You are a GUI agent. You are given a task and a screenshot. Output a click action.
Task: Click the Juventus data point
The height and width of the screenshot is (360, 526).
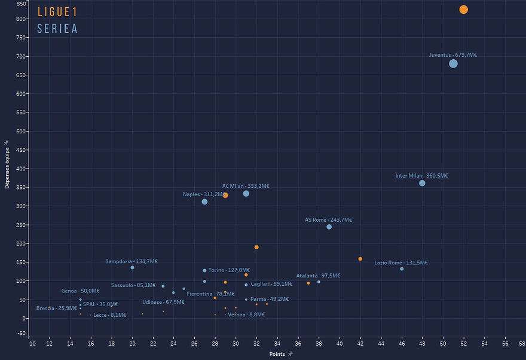(453, 63)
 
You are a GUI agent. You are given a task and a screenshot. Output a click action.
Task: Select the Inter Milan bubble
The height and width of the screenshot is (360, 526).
(422, 183)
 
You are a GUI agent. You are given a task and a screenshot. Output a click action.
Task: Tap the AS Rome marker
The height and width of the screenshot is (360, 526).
(329, 227)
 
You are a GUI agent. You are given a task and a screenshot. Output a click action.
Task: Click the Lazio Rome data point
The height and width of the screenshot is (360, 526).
(402, 269)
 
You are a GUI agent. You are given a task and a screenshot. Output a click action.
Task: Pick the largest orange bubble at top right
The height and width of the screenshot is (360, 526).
(464, 10)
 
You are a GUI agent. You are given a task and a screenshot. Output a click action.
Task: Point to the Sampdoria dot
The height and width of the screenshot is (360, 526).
(132, 267)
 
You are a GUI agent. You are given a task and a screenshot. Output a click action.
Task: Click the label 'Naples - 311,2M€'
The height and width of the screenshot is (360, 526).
(203, 194)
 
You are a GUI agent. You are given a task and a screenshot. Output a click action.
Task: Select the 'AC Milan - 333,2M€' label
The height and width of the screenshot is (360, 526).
(246, 186)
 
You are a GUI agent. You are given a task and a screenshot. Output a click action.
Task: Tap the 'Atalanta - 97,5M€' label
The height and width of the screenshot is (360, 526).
(318, 276)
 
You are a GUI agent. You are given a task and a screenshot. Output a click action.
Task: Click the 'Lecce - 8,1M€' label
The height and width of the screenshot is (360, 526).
(109, 315)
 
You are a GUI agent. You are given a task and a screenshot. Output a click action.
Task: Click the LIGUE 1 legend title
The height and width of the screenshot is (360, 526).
(57, 12)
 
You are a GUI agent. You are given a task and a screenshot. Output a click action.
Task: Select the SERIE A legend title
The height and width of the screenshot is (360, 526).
(57, 29)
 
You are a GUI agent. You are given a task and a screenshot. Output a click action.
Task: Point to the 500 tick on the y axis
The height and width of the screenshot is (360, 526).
(22, 131)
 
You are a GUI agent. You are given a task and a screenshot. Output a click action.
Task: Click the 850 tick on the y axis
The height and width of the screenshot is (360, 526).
(22, 3)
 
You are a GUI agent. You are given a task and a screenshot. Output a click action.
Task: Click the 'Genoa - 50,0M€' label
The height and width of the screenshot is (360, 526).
(80, 291)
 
